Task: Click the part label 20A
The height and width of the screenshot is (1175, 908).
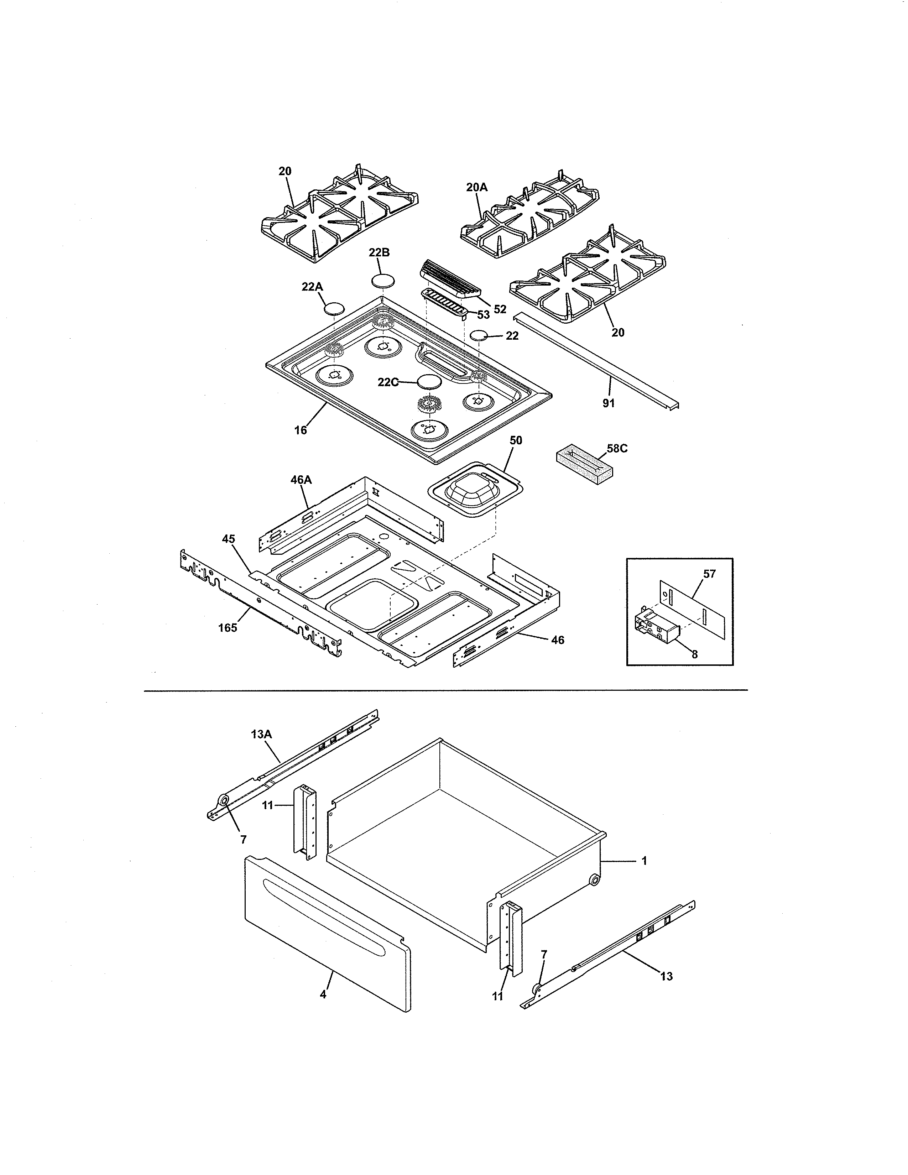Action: (x=476, y=187)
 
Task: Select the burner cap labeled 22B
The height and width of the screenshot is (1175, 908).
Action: (x=382, y=281)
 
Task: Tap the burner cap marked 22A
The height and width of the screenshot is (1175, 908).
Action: (x=334, y=308)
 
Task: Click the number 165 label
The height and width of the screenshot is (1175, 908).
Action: (x=227, y=627)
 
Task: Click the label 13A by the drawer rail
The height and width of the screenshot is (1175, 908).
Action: (x=261, y=733)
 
